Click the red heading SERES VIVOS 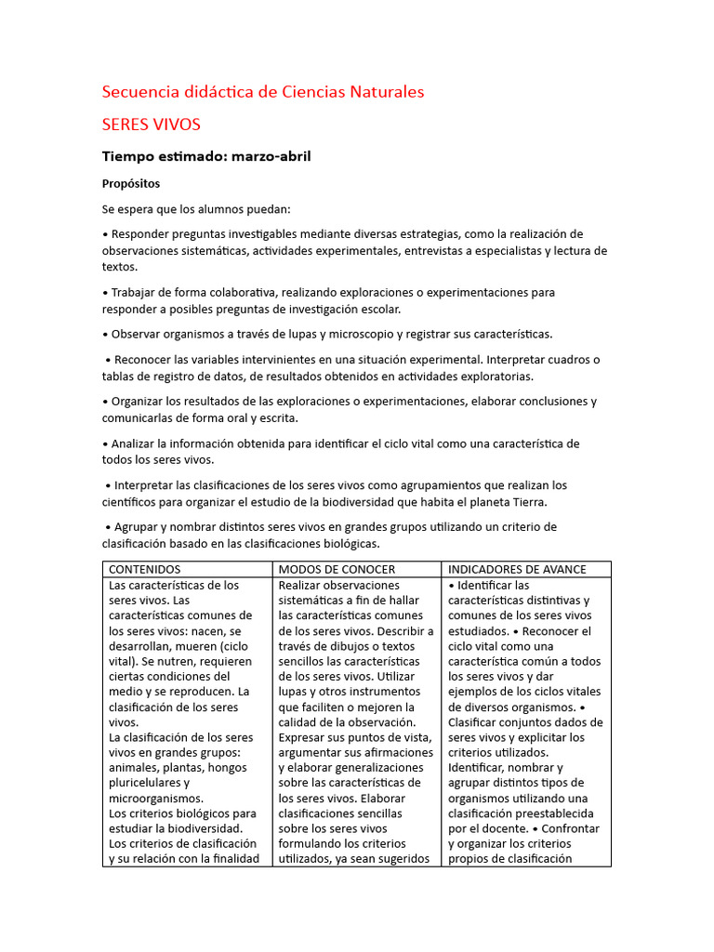pyautogui.click(x=151, y=124)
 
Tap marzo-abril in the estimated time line pyautogui.click(x=271, y=156)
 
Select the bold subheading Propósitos pyautogui.click(x=131, y=183)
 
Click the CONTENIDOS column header pyautogui.click(x=145, y=569)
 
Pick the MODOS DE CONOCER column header pyautogui.click(x=337, y=569)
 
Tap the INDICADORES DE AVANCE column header pyautogui.click(x=517, y=569)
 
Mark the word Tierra pyautogui.click(x=527, y=502)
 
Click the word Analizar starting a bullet pyautogui.click(x=136, y=443)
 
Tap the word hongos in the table pyautogui.click(x=228, y=768)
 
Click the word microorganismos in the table pyautogui.click(x=155, y=799)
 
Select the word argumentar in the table pyautogui.click(x=314, y=752)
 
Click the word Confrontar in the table pyautogui.click(x=567, y=828)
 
